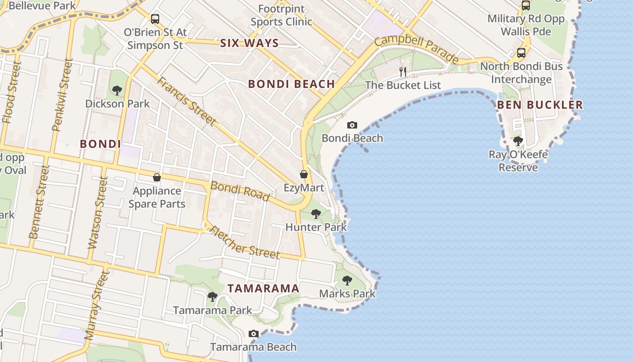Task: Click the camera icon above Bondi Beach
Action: point(352,125)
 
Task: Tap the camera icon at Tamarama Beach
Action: point(254,334)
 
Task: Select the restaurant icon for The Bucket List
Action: point(403,72)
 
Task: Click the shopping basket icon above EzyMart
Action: point(304,174)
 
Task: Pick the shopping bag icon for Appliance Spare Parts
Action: point(157,177)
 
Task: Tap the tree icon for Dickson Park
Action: point(117,90)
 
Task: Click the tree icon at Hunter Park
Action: point(316,214)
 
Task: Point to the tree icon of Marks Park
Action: point(347,281)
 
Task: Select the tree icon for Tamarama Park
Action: point(213,297)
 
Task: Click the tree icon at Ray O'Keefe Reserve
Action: point(518,141)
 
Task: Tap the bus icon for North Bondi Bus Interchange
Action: point(521,53)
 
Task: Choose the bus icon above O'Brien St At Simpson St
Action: point(155,19)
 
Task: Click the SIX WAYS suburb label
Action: point(249,43)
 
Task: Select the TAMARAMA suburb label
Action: point(263,289)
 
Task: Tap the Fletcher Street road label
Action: point(245,243)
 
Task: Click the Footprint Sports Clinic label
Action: point(281,15)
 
